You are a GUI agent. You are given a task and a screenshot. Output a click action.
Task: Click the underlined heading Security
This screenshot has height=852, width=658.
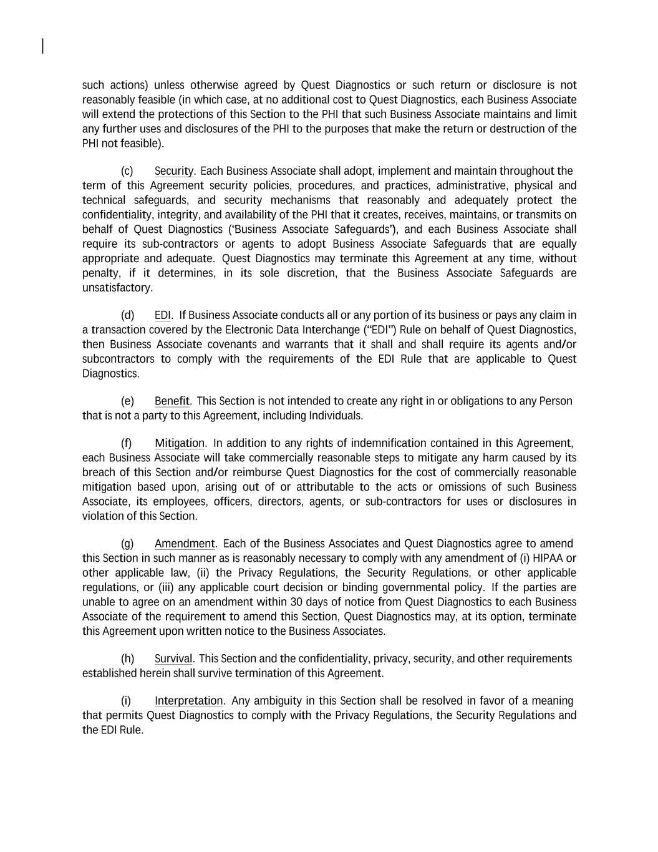(x=174, y=171)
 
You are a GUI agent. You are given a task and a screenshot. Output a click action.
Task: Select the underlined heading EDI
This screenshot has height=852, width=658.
(x=162, y=315)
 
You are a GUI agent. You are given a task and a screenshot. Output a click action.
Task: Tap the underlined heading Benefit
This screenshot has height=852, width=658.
(x=172, y=401)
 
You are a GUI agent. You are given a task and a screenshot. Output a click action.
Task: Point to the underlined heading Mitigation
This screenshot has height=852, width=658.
(x=180, y=443)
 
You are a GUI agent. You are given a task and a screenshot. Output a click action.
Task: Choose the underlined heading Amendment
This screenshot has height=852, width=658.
(x=185, y=544)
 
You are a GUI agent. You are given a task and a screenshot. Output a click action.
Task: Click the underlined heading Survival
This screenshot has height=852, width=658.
(x=173, y=659)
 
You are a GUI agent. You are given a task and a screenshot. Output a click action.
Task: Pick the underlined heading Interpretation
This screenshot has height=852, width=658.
(x=188, y=701)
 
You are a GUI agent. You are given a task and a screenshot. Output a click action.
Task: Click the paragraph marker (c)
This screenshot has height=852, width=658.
(x=127, y=171)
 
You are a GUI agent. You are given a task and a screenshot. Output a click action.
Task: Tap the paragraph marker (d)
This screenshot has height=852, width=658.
(x=127, y=315)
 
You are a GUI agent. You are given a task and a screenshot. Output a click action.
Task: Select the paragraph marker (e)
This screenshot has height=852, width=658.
(x=127, y=401)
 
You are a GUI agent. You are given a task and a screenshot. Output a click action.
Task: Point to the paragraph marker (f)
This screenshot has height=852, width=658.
(x=127, y=443)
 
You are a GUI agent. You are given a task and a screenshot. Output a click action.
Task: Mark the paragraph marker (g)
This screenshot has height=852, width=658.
(x=127, y=544)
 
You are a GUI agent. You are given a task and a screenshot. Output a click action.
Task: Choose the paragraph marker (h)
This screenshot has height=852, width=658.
(x=127, y=659)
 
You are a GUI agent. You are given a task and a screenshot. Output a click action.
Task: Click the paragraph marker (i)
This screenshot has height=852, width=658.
(x=126, y=701)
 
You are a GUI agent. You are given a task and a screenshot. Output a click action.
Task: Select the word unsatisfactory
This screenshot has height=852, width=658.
(x=117, y=288)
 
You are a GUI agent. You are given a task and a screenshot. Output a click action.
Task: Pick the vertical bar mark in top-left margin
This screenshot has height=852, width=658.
(x=42, y=46)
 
